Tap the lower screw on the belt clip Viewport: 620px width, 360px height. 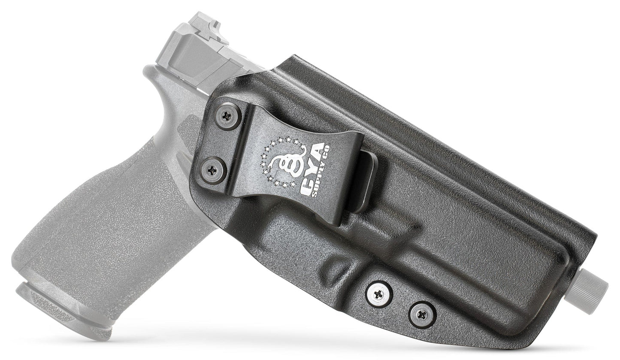click(x=213, y=170)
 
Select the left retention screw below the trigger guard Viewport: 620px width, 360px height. click(x=379, y=294)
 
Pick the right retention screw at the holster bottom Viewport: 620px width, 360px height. click(x=422, y=315)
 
